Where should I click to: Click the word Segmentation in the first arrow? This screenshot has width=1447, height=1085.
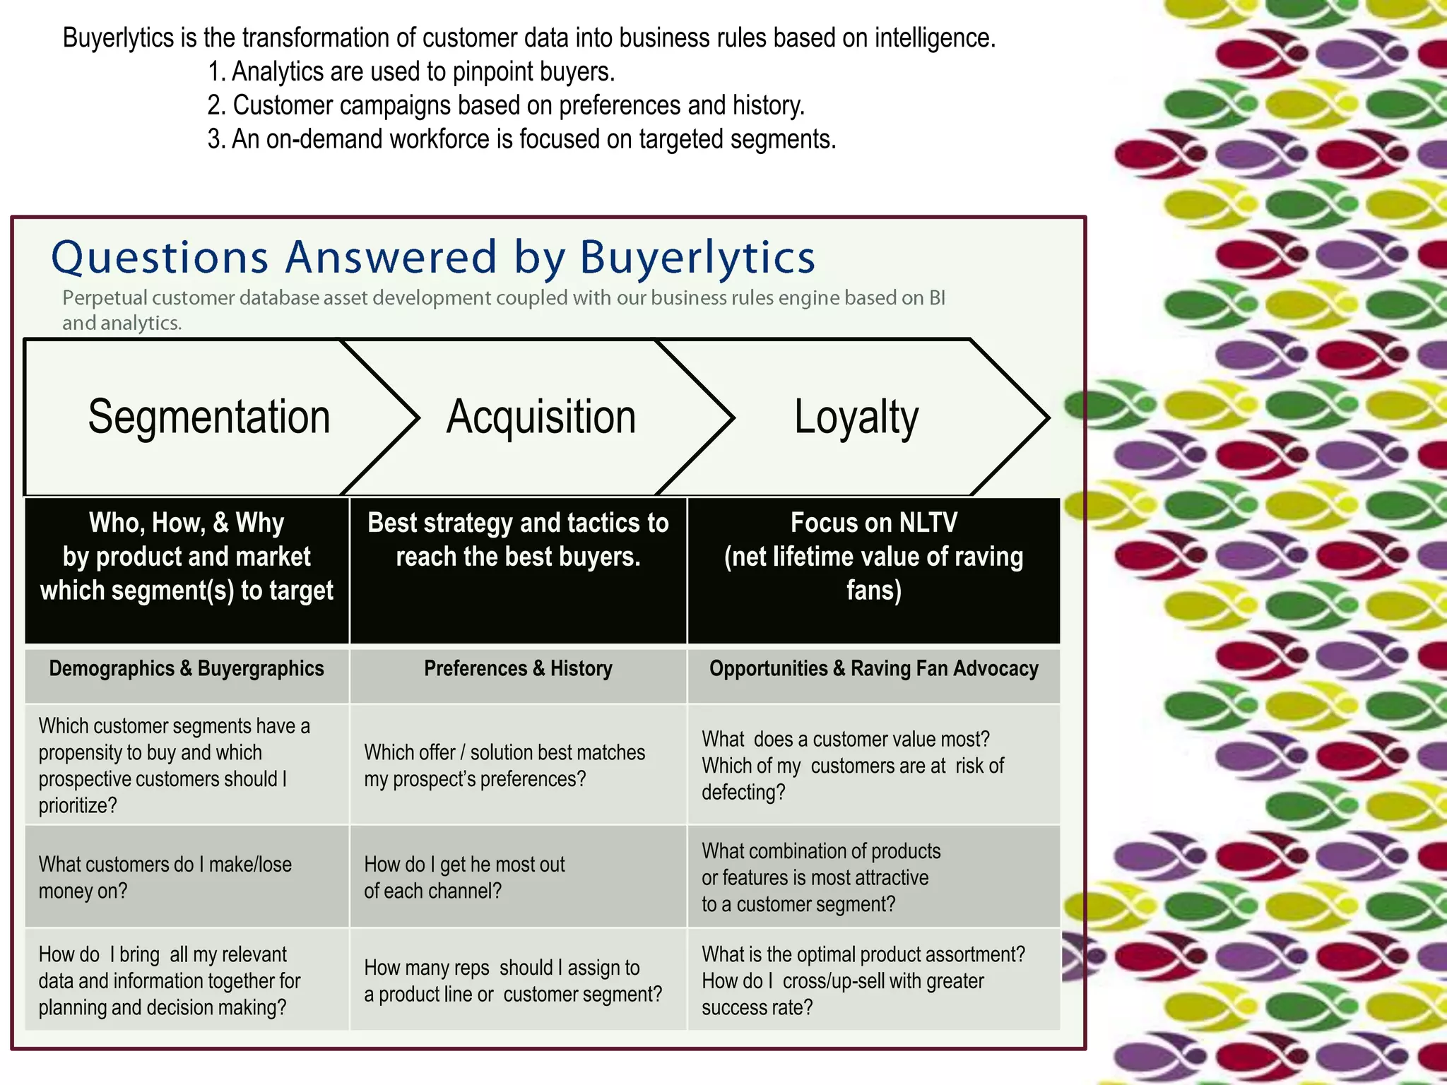point(209,417)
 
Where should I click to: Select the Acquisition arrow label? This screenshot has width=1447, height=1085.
point(541,417)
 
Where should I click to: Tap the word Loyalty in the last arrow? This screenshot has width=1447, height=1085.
point(856,417)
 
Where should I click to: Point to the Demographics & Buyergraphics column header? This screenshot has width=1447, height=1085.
point(187,668)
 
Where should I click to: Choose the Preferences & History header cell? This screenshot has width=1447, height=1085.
point(518,668)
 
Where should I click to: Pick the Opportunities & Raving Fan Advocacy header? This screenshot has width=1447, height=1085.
point(873,668)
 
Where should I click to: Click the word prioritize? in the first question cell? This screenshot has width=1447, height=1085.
point(78,805)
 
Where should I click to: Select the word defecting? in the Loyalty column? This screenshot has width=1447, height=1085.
point(743,793)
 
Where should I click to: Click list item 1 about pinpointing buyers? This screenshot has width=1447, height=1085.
point(411,71)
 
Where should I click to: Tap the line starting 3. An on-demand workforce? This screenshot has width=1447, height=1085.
point(521,139)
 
